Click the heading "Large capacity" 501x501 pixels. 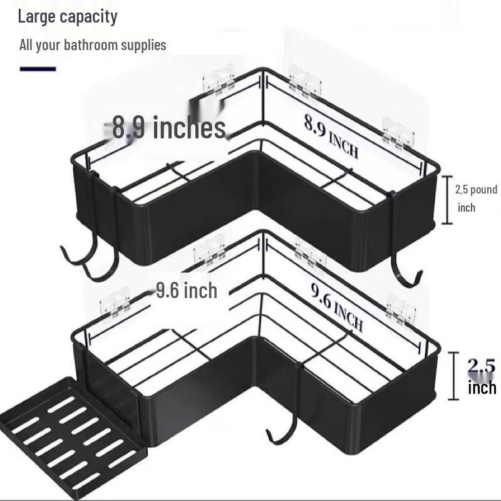pyautogui.click(x=68, y=17)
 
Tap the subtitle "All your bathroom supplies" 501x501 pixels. pyautogui.click(x=93, y=44)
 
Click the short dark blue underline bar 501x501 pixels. pyautogui.click(x=38, y=69)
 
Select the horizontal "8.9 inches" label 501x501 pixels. pyautogui.click(x=169, y=128)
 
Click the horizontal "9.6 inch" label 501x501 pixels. pyautogui.click(x=187, y=291)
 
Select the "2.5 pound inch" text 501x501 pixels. pyautogui.click(x=476, y=198)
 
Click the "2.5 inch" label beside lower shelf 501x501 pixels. pyautogui.click(x=482, y=377)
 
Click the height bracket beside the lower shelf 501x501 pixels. pyautogui.click(x=453, y=376)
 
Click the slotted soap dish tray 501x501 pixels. pyautogui.click(x=71, y=438)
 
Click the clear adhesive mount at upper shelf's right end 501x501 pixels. pyautogui.click(x=398, y=133)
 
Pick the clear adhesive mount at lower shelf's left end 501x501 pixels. pyautogui.click(x=115, y=303)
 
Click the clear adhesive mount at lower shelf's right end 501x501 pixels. pyautogui.click(x=401, y=310)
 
